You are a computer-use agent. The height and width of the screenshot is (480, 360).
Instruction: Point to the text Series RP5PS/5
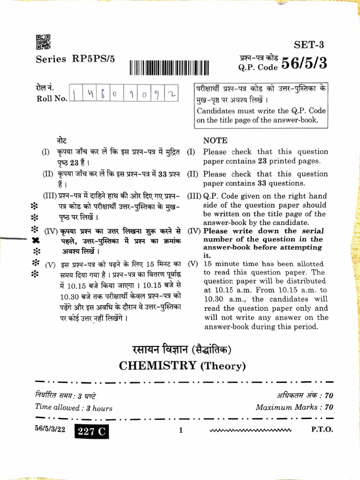point(75,60)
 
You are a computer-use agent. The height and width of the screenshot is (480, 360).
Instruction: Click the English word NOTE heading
point(215,140)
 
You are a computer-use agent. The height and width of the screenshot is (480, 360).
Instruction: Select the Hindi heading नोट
point(61,140)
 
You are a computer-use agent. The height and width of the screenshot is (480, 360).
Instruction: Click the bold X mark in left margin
point(35,240)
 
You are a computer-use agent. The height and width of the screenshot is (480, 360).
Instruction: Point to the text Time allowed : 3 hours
point(74,408)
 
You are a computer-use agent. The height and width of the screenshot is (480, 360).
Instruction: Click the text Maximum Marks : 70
point(294,407)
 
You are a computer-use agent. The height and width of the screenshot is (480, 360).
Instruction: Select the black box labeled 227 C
point(91,432)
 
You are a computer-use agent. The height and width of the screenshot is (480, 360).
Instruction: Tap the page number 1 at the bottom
point(180,430)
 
